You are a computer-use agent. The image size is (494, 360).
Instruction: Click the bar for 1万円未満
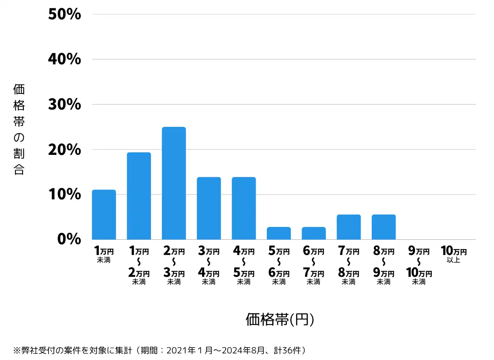click(104, 215)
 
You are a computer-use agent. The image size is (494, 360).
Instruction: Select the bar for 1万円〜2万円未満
click(139, 196)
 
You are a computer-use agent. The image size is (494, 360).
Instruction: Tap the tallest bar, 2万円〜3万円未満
click(174, 183)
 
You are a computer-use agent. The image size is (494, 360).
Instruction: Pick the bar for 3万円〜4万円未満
click(209, 208)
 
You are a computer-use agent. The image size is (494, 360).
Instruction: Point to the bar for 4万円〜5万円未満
click(244, 208)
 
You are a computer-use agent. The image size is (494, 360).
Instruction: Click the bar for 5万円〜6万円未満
click(279, 234)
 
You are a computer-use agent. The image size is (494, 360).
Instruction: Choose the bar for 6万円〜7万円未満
click(314, 234)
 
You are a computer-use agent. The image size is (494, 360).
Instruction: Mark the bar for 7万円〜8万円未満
click(349, 227)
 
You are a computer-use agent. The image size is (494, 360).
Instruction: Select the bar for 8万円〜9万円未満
click(384, 227)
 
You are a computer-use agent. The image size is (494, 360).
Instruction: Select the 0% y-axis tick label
click(69, 239)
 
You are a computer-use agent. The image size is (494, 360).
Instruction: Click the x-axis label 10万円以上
click(454, 254)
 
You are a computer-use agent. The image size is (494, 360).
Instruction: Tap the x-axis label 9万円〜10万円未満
click(419, 266)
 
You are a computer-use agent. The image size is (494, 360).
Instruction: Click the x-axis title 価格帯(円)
click(280, 320)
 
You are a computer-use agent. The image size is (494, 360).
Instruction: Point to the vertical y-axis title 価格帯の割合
click(19, 129)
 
